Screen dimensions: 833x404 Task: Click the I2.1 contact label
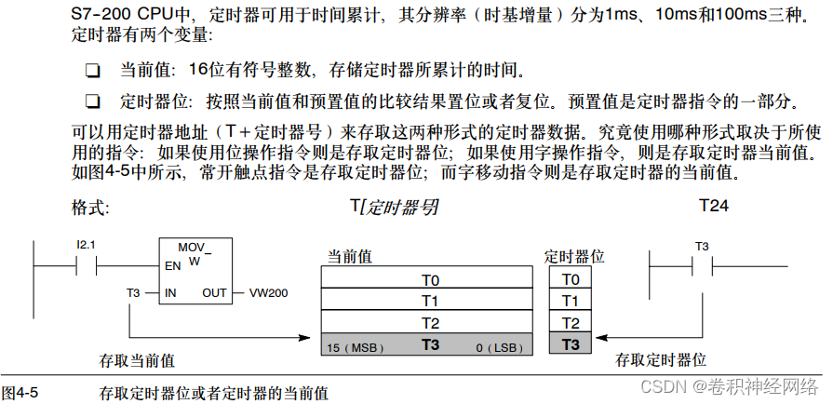tap(87, 244)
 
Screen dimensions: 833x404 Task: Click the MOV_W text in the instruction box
tap(195, 254)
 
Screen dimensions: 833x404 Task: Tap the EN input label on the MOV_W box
tap(172, 265)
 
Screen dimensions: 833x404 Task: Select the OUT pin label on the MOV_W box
tap(214, 292)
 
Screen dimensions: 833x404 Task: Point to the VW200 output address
tap(268, 292)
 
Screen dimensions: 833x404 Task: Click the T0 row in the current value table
tap(429, 279)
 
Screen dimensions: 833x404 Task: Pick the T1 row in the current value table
tap(429, 301)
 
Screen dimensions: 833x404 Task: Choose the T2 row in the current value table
tap(429, 322)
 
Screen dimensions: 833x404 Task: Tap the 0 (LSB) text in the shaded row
tap(500, 346)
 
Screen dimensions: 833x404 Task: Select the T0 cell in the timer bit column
tap(571, 279)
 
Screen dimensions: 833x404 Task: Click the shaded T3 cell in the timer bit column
tap(571, 344)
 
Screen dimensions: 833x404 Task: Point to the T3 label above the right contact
tap(702, 247)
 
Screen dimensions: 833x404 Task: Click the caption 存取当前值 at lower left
tap(137, 359)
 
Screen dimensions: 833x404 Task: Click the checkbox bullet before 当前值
tap(91, 71)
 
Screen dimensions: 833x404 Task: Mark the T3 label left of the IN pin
tap(133, 292)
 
